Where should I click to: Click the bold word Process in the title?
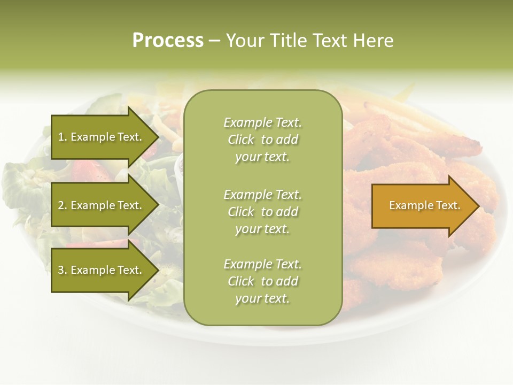pyautogui.click(x=168, y=41)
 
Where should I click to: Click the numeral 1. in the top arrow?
pyautogui.click(x=62, y=137)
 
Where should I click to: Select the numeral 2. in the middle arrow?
pyautogui.click(x=62, y=205)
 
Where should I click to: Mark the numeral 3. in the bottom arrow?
pyautogui.click(x=62, y=270)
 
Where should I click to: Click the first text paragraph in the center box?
pyautogui.click(x=262, y=140)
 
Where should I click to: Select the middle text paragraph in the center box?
pyautogui.click(x=262, y=212)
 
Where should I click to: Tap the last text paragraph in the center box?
pyautogui.click(x=262, y=281)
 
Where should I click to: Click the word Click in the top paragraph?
pyautogui.click(x=241, y=140)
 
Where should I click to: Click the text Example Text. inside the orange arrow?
pyautogui.click(x=425, y=205)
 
